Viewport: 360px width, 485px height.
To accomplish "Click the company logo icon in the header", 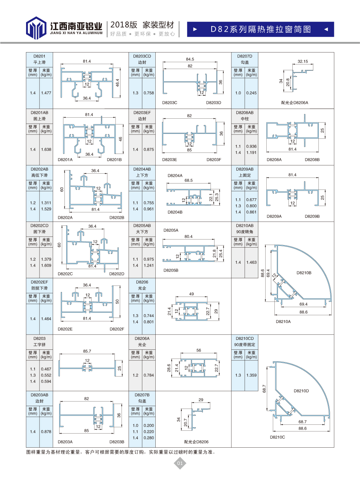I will point(36,28).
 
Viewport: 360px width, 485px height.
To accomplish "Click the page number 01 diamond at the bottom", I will point(180,463).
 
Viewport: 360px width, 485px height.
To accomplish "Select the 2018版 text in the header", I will point(124,25).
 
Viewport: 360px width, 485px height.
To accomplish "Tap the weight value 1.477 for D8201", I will point(46,93).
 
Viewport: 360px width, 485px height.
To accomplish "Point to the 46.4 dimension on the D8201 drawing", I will point(117,83).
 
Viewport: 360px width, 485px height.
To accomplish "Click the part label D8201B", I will point(114,160).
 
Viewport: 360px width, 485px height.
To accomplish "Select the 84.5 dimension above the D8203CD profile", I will point(190,59).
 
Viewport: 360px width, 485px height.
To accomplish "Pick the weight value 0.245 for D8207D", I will point(252,93).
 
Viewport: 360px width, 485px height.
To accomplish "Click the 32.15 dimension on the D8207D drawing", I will point(303,61).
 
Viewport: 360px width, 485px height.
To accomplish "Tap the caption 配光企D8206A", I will point(294,103).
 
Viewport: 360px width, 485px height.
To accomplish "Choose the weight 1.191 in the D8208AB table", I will point(252,153).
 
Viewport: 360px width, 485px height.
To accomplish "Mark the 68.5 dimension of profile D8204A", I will point(188,180).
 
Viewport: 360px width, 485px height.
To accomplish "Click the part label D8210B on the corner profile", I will point(304,273).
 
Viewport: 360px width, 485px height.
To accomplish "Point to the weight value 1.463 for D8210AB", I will point(252,262).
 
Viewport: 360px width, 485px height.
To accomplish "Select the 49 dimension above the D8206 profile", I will point(191,294).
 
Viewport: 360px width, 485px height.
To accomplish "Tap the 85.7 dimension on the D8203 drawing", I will point(87,351).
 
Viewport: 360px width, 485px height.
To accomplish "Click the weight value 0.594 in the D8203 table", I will point(46,381).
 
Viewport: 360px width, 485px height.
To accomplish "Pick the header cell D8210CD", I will point(244,338).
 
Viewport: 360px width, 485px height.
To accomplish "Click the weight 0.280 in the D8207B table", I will point(149,438).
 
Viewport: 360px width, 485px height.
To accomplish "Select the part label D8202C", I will point(65,274).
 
